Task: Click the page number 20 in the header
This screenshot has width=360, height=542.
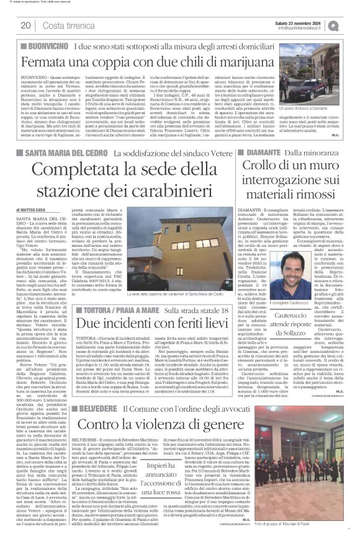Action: coord(25,25)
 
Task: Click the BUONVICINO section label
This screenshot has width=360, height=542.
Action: coord(45,47)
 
